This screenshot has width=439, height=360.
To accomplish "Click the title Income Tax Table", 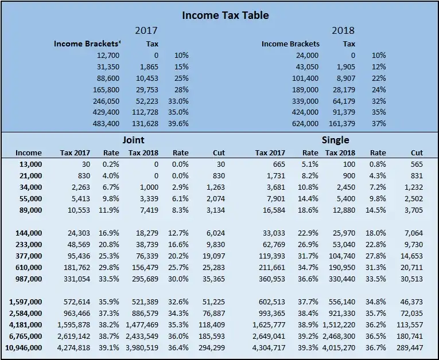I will coord(226,15).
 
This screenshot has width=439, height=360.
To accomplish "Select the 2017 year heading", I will coord(146,30).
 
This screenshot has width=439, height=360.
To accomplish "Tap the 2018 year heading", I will coord(343,30).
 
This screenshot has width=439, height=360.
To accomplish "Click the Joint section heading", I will coord(133,139).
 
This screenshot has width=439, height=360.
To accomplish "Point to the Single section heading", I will coord(335,139).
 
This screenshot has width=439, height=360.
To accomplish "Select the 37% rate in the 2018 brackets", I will coord(379,123).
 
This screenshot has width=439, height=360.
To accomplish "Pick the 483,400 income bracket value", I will coord(106,123).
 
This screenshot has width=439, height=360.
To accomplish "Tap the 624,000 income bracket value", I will coord(305,123).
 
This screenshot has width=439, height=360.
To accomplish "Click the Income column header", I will coord(29,152).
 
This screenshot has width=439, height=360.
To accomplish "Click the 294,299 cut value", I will coord(212,347).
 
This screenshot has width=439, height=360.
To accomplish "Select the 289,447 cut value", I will coord(409,347).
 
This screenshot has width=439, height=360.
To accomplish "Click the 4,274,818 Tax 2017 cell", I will coord(74,347).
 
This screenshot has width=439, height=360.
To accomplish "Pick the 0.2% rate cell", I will coord(111,165).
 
